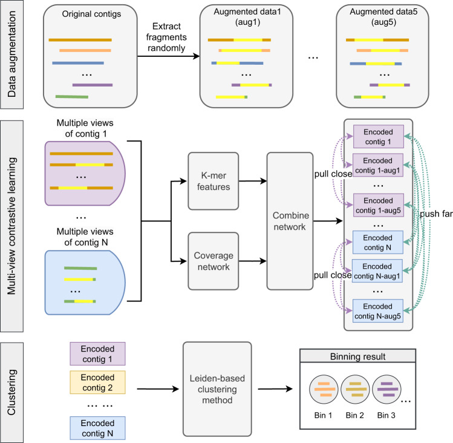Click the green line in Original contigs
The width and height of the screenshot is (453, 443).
point(72,96)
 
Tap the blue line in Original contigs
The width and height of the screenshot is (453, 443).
point(79,62)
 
